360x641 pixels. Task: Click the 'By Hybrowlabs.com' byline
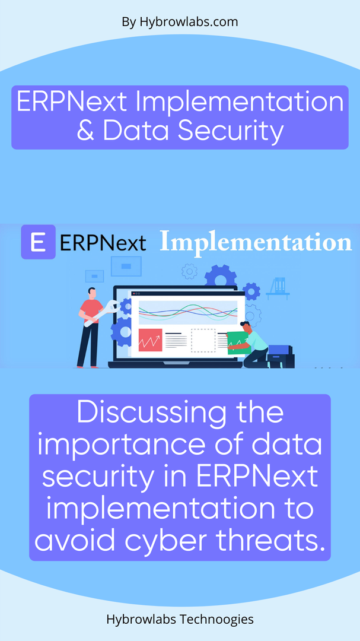(180, 22)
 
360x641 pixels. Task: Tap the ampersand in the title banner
(86, 131)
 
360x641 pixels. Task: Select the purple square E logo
(38, 242)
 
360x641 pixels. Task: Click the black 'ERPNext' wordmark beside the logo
(103, 243)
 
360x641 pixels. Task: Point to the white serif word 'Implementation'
(256, 243)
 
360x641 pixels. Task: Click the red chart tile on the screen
(150, 339)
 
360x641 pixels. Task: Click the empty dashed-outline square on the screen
(203, 340)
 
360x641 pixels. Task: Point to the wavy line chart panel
(187, 312)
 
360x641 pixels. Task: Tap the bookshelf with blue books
(278, 288)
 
